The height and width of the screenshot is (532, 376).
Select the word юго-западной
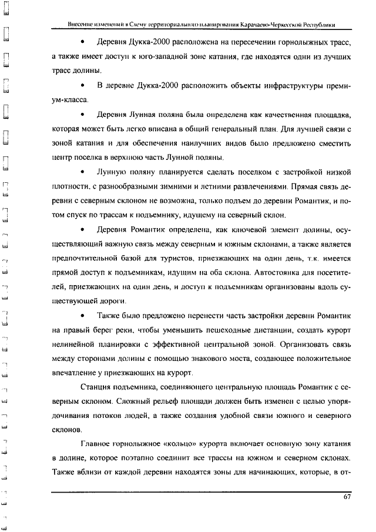click(x=158, y=57)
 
